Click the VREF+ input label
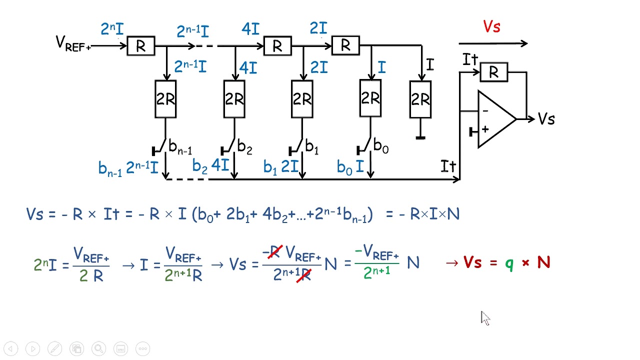coord(73,44)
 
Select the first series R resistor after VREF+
coord(140,46)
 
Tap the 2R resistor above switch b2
coord(234,99)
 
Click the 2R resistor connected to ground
coord(420,99)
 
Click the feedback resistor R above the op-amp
coord(493,72)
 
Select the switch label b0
coord(381,147)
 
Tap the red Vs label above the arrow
coord(491,27)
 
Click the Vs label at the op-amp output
coord(546,119)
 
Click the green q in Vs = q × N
coord(509,263)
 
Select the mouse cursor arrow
coord(485,318)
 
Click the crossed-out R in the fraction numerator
coord(273,252)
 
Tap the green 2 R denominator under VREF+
coord(91,275)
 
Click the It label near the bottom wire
coord(448,166)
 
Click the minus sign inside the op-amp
coord(484,111)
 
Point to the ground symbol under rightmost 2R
coord(420,136)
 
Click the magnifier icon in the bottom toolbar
coord(98,348)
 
